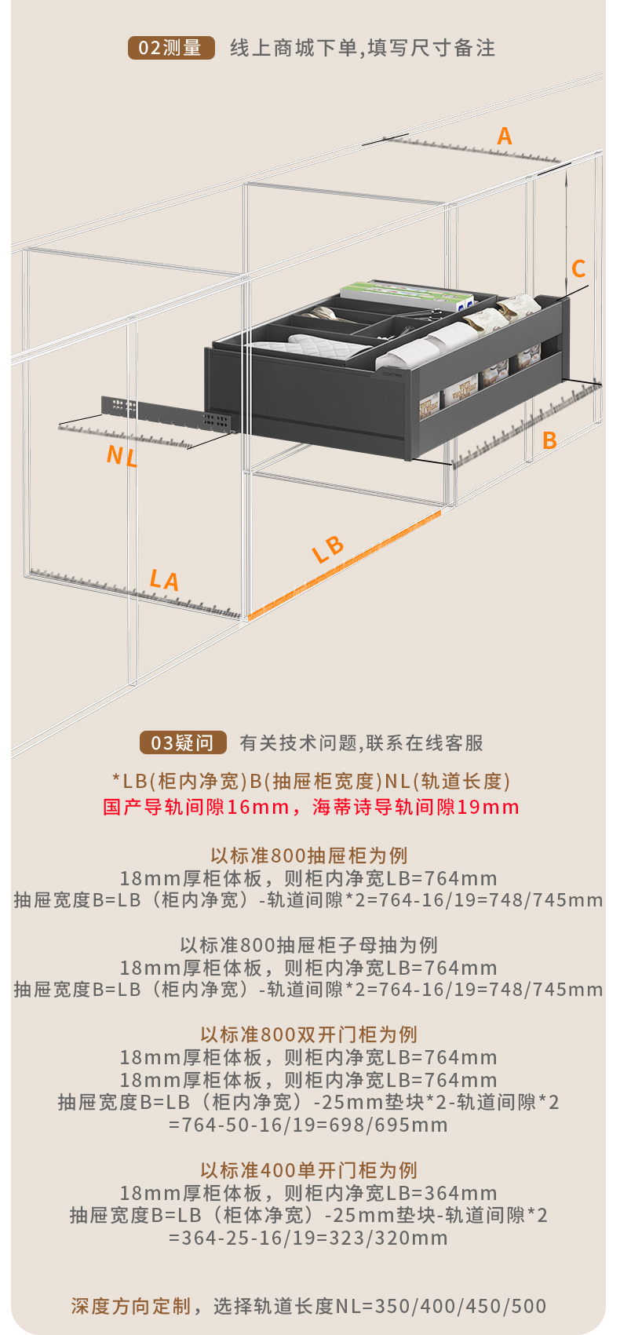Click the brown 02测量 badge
171,48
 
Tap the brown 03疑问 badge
183,742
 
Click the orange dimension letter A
505,137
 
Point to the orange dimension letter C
578,269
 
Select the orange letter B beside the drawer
549,440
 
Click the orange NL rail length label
122,456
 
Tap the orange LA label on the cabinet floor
164,581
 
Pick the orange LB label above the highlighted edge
328,549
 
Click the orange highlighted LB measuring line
345,563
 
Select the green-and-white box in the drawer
408,294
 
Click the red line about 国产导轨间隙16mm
311,807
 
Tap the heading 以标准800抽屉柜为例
309,855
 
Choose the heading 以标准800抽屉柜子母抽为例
309,945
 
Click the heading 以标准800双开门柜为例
309,1034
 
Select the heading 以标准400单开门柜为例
309,1170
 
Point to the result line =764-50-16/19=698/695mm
308,1125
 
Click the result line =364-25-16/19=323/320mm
308,1238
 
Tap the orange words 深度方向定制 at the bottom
131,1306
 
